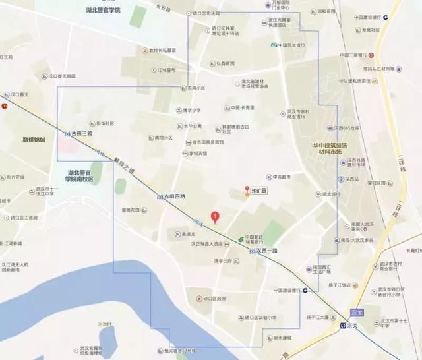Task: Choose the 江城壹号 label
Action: click(166, 69)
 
